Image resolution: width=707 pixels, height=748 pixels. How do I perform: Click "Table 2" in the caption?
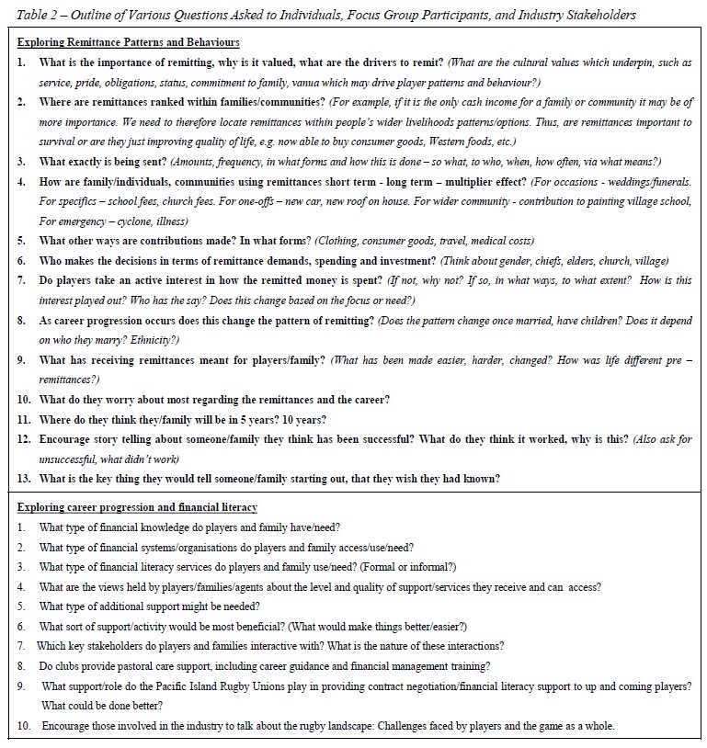click(35, 15)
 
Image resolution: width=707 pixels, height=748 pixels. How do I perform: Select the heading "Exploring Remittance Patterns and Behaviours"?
click(129, 42)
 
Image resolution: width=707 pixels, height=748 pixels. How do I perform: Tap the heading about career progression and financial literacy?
click(137, 507)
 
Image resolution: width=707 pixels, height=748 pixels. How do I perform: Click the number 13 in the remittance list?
click(23, 478)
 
